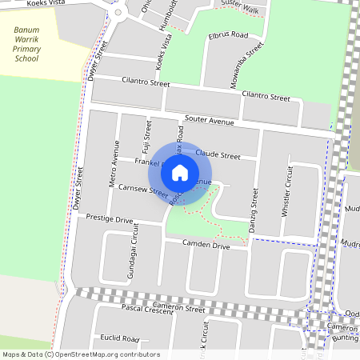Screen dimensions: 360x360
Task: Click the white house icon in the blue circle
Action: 180,172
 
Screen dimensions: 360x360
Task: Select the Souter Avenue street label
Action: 209,120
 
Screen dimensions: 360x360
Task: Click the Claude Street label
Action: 218,155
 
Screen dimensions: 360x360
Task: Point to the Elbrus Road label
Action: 228,36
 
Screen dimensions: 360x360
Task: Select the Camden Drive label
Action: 206,246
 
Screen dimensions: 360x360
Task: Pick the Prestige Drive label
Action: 109,218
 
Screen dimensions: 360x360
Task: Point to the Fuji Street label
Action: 147,136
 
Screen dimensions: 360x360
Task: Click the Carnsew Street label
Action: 142,193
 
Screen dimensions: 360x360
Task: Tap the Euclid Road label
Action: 120,338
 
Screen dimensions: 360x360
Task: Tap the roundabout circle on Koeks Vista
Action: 119,12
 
